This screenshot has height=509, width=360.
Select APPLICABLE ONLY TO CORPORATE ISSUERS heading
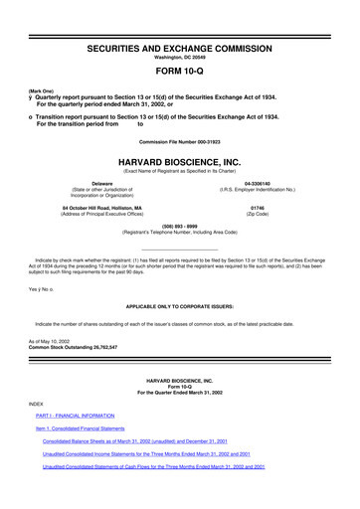click(x=180, y=308)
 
